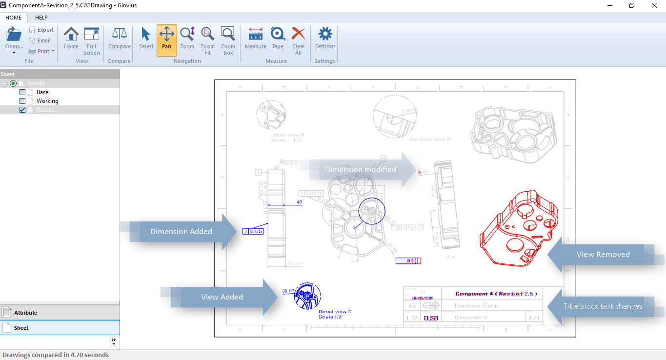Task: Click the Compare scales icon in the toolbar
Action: coord(119,34)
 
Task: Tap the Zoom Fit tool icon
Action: coord(207,34)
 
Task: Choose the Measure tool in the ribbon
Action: coord(256,34)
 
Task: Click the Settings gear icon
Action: coord(325,34)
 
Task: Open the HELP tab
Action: coord(41,18)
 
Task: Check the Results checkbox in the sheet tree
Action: coord(22,110)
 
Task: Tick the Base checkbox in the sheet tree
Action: coord(22,92)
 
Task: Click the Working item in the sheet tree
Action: coord(47,101)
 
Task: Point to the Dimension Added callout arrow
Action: coord(181,232)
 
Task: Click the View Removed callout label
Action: coord(603,254)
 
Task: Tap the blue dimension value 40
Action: coord(300,202)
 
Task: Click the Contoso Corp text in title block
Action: coord(476,306)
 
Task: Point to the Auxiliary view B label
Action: coord(429,140)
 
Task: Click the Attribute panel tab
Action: coord(25,313)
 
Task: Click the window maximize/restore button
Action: coord(632,5)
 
